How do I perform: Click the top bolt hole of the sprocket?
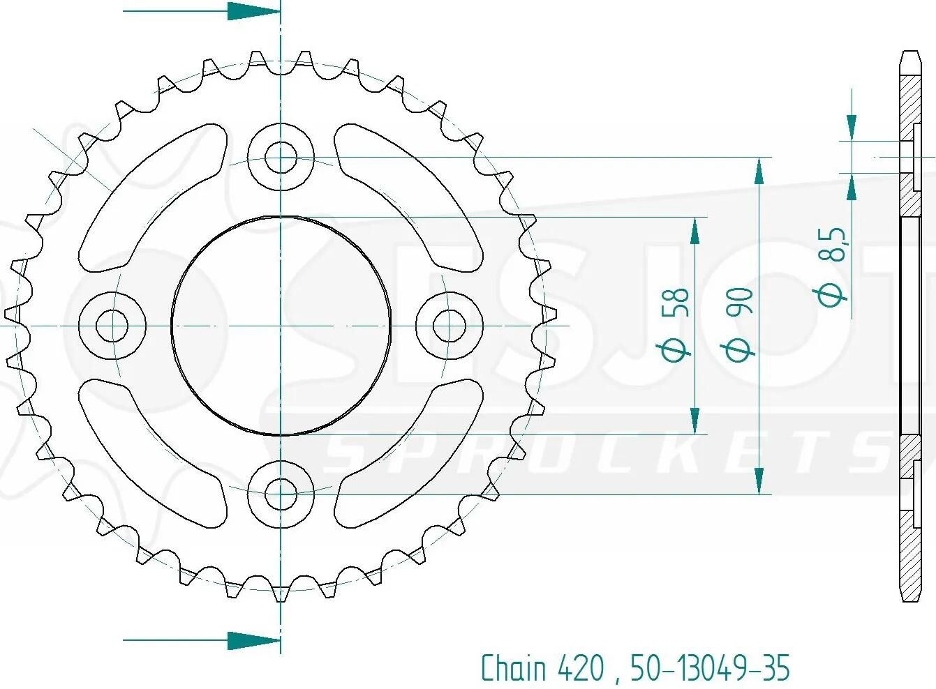(x=281, y=158)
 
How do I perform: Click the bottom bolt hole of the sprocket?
(x=281, y=494)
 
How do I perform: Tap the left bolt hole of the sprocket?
(x=112, y=325)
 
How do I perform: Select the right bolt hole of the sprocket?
(x=450, y=325)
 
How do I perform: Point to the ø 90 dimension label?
(x=740, y=325)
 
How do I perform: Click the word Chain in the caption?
(x=514, y=667)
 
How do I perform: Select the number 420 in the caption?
(x=580, y=667)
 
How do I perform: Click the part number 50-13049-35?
(x=710, y=667)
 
